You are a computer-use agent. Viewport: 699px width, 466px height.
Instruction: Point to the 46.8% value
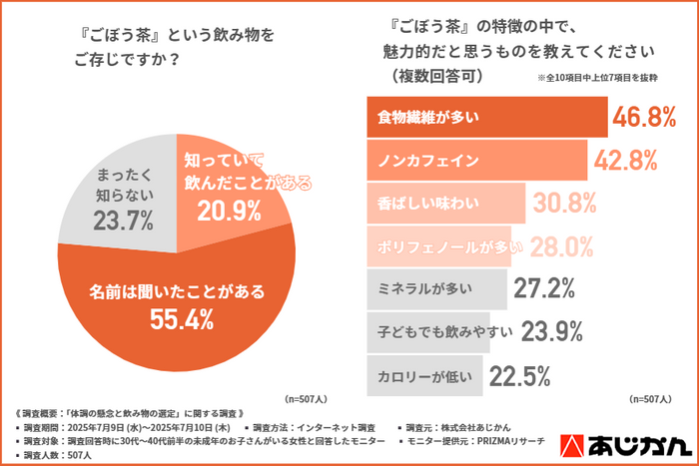point(645,118)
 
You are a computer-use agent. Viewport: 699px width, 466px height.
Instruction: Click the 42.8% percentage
point(626,160)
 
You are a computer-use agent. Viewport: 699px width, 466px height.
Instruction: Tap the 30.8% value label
point(564,204)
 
